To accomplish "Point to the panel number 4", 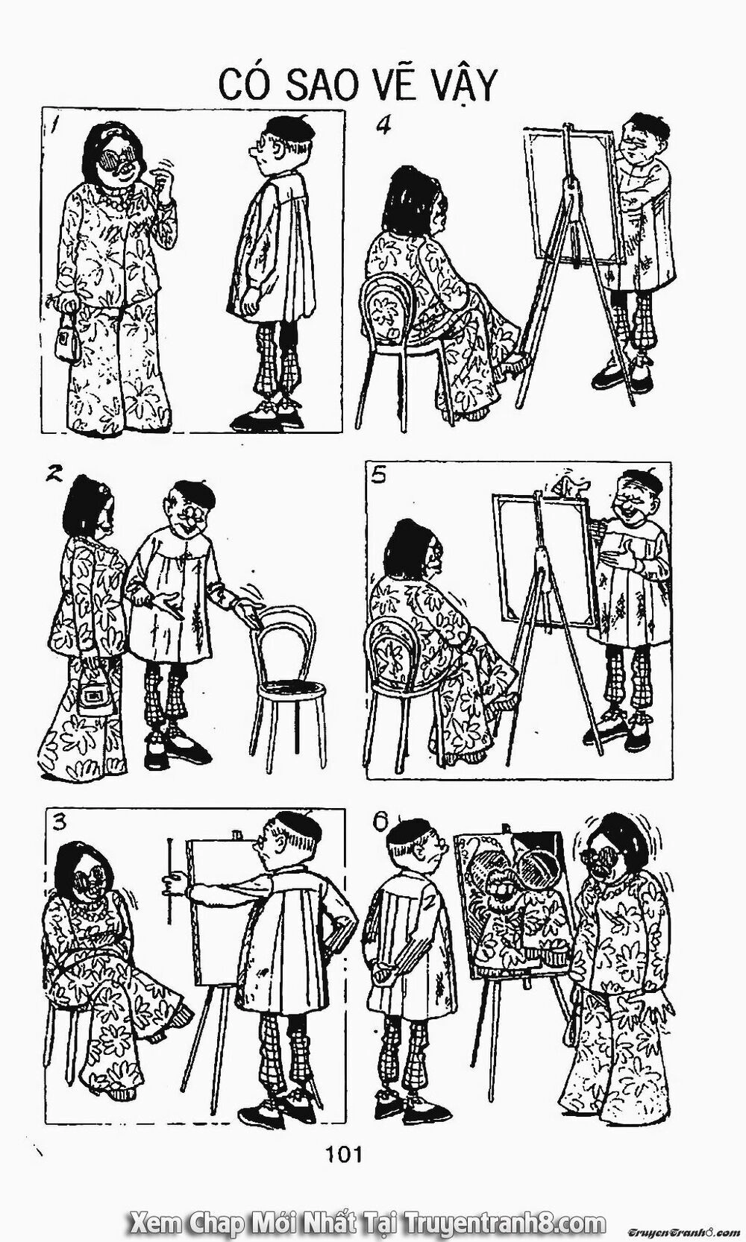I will point(383,125).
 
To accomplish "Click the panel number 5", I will point(379,476).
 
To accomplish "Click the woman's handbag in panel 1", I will point(69,342).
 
